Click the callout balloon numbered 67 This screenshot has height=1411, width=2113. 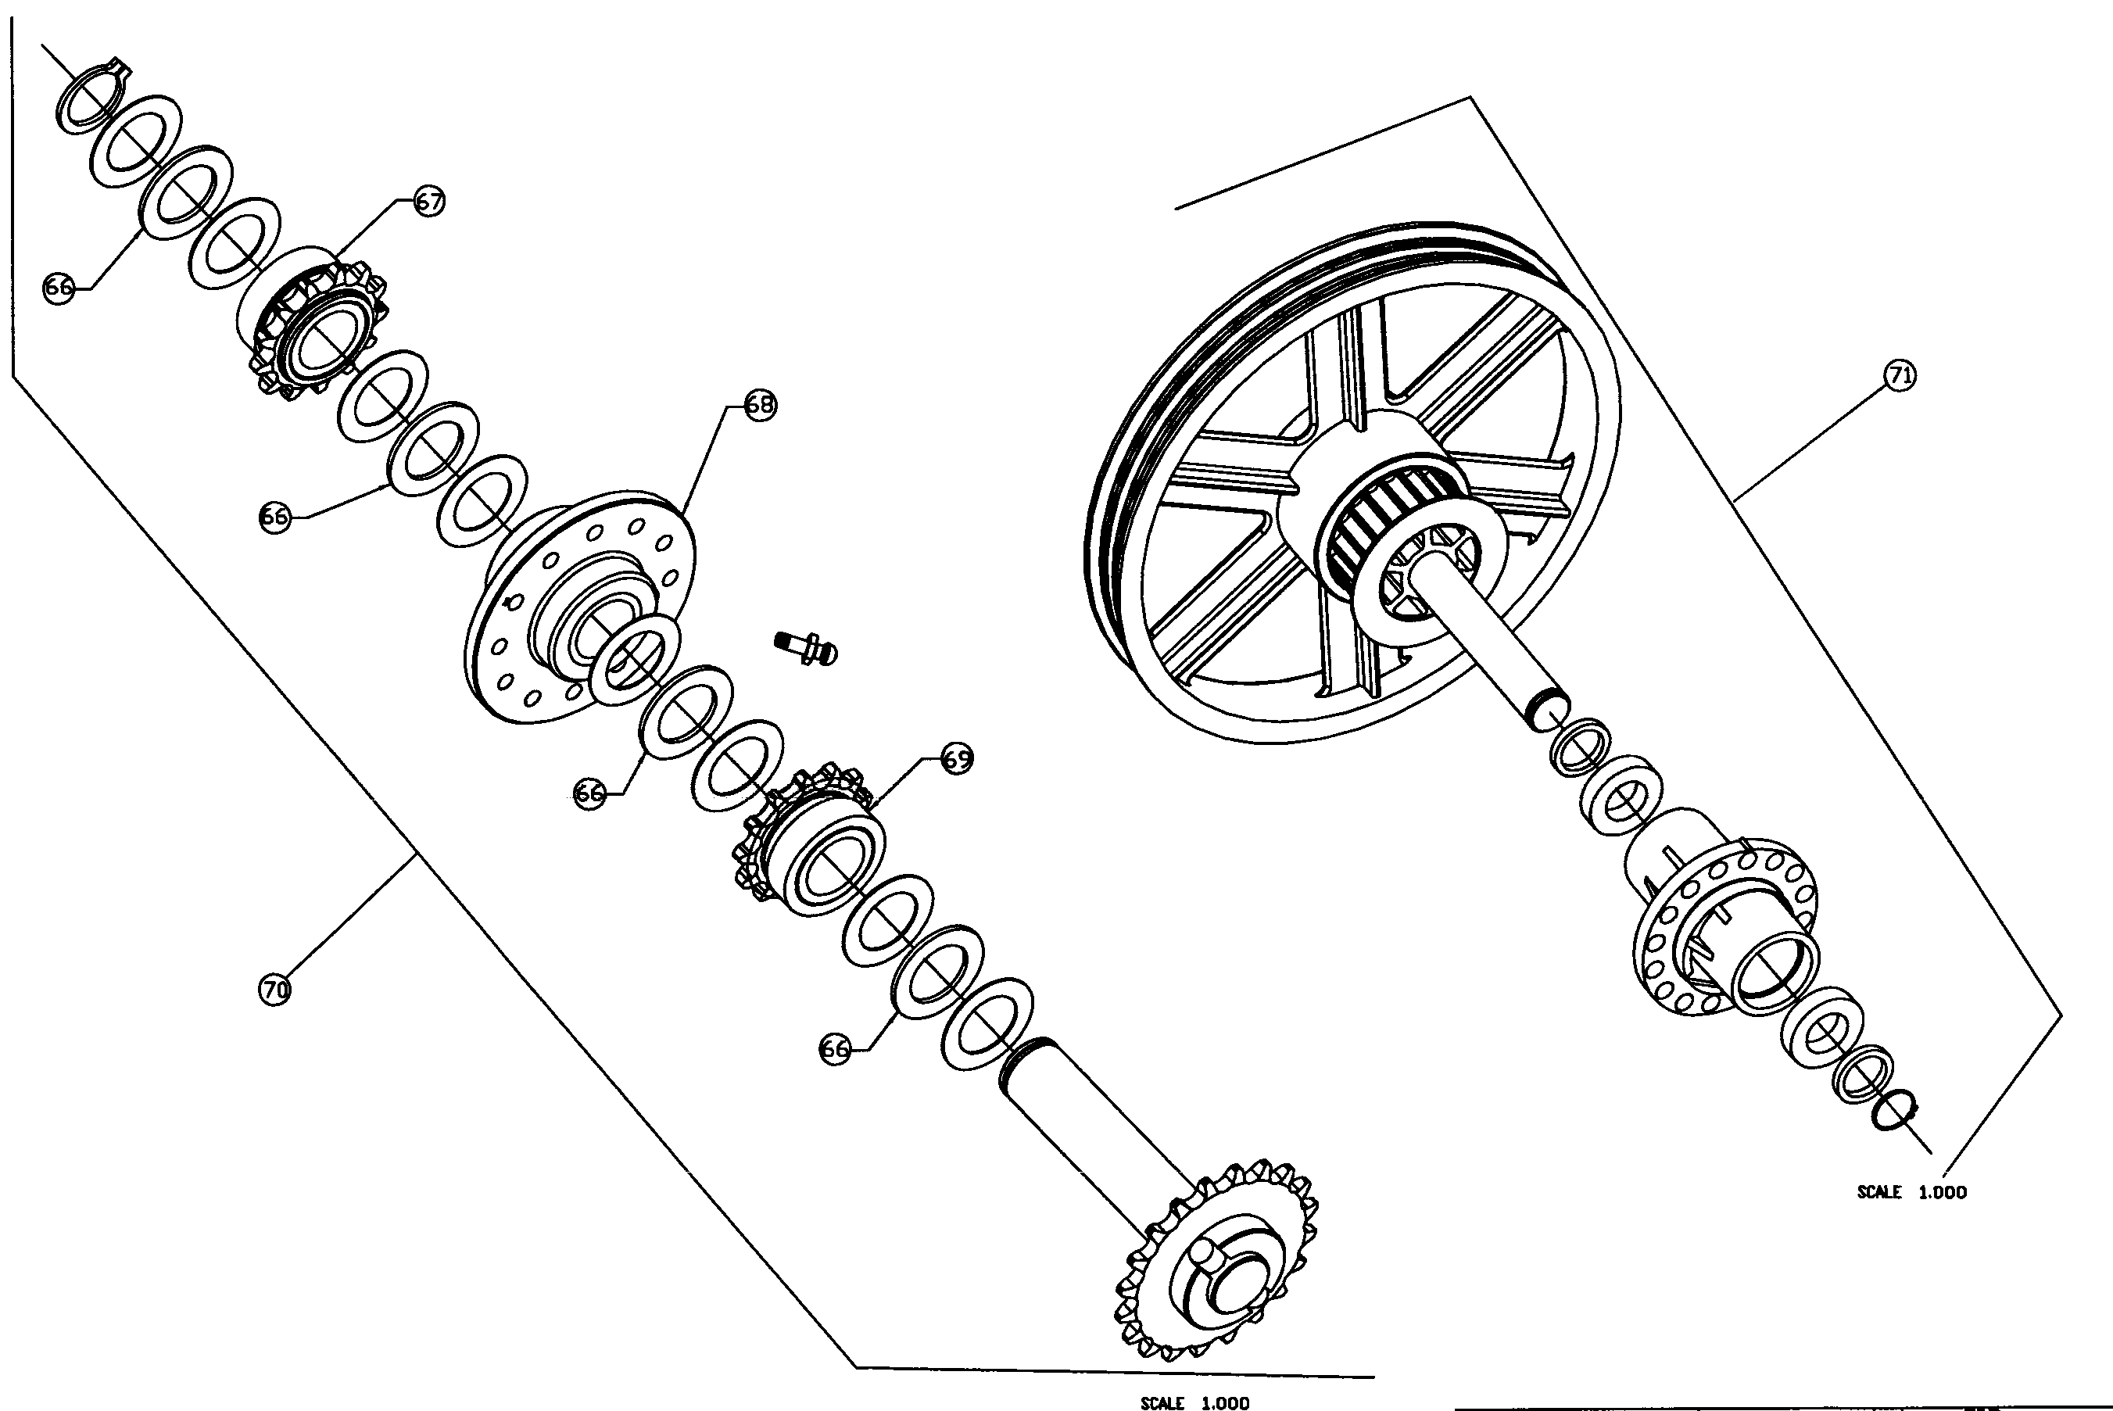[x=429, y=201]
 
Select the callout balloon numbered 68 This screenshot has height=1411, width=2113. [x=761, y=405]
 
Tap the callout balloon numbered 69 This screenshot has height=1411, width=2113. [x=957, y=758]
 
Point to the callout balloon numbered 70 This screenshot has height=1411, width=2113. [x=274, y=990]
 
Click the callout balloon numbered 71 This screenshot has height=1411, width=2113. [x=1900, y=375]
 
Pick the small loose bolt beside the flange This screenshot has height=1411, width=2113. [x=806, y=646]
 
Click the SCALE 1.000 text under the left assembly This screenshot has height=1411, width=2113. [x=1194, y=1402]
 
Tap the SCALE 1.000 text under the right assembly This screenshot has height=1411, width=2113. [x=1911, y=1192]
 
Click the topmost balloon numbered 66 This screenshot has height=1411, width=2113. [x=59, y=288]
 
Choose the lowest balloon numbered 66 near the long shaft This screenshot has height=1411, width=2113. [x=834, y=1049]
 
